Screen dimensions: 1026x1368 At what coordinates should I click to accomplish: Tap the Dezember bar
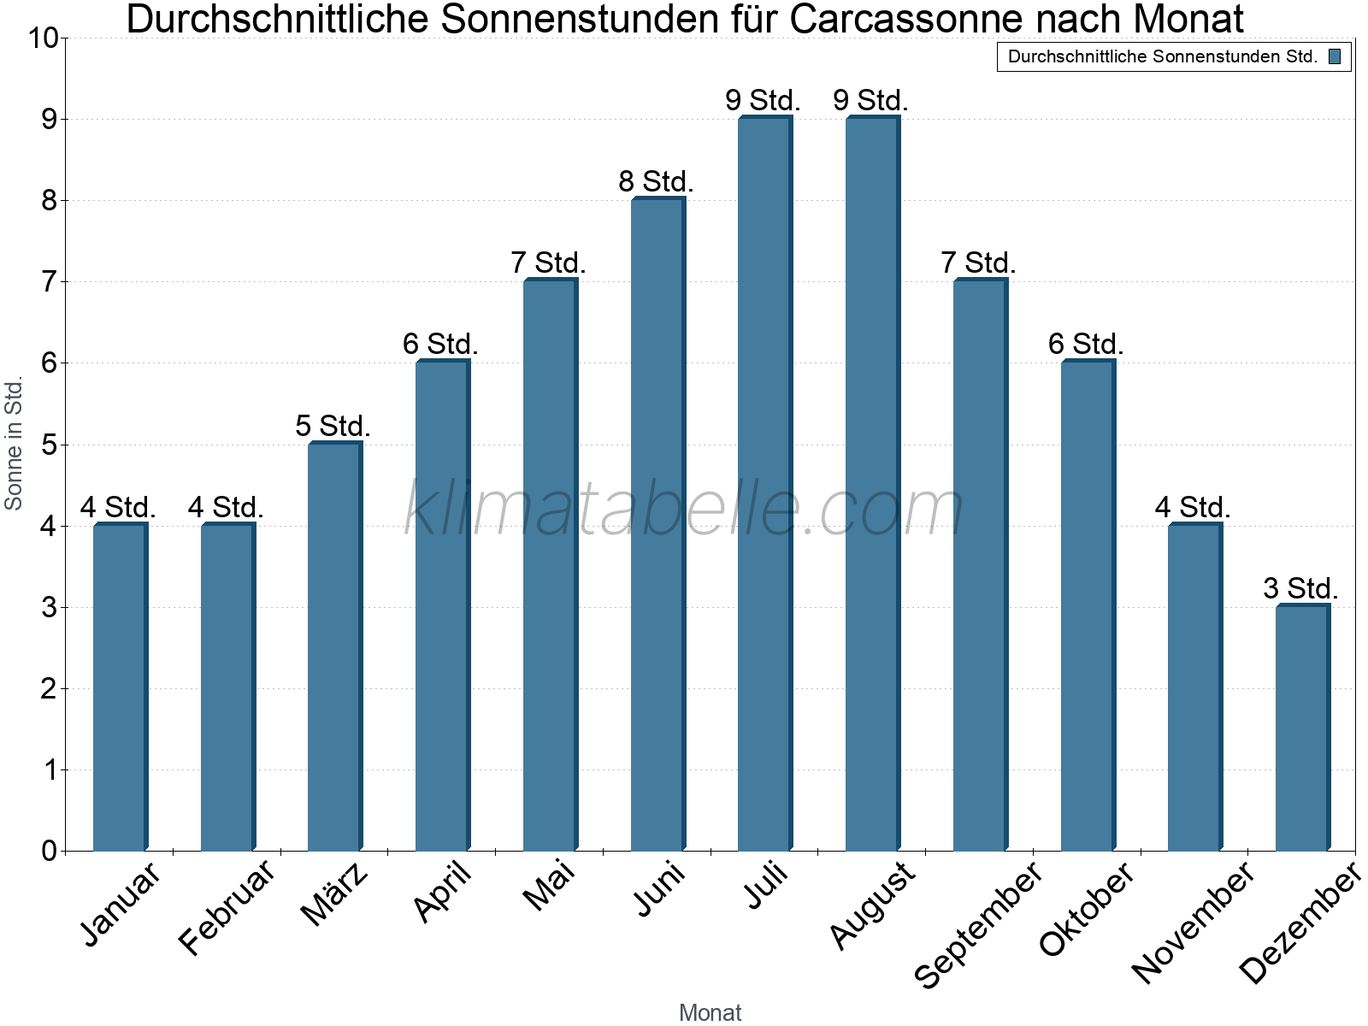tap(1302, 728)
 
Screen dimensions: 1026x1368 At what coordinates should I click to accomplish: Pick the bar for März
tap(334, 646)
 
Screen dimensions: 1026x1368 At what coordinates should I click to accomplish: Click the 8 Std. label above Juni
tap(656, 182)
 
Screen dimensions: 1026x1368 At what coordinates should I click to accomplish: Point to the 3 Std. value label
tap(1300, 589)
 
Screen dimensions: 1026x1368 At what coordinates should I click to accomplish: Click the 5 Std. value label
tap(333, 426)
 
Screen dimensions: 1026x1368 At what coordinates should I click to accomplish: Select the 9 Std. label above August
tap(870, 101)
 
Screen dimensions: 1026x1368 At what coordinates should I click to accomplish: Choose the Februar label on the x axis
tap(227, 908)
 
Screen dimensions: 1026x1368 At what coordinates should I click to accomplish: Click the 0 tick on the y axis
tap(49, 851)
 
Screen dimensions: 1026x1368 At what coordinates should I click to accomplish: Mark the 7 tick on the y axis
tap(49, 282)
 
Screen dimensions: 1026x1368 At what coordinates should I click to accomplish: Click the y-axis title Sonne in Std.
tap(14, 444)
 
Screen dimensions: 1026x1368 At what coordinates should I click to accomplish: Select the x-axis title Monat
tap(710, 1012)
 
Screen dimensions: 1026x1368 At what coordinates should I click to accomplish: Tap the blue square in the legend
tap(1334, 57)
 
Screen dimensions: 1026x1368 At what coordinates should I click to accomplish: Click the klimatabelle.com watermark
tap(684, 509)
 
